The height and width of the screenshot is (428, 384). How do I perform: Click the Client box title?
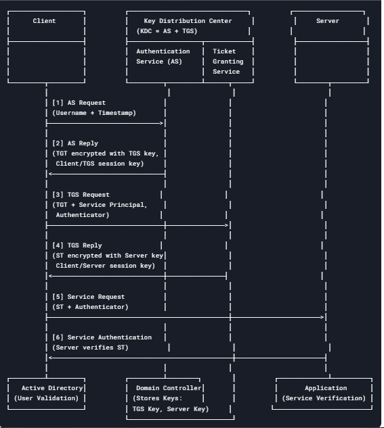coord(44,21)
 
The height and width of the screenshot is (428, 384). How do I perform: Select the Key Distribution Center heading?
coord(188,21)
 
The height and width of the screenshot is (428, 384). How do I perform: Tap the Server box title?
coord(327,21)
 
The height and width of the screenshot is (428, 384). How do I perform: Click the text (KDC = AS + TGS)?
coord(167,31)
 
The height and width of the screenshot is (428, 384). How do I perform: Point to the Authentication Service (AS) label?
coord(163,56)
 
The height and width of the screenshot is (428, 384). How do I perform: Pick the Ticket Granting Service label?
coord(228,62)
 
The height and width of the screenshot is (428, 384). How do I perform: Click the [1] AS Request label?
coord(79,103)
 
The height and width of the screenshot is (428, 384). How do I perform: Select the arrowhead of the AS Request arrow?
coord(162,123)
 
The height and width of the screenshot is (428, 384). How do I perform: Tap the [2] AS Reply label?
coord(75,143)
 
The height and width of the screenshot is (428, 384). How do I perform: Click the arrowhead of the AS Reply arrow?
coord(50,174)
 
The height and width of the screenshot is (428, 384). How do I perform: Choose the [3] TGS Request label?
coord(81,195)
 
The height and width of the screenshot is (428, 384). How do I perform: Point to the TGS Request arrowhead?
coord(226,225)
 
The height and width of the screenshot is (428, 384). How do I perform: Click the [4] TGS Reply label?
coord(77,245)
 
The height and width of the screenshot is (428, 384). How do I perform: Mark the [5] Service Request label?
coord(89,297)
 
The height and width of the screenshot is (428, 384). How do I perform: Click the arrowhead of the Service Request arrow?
coord(322,317)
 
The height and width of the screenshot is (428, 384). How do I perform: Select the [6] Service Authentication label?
coord(102,337)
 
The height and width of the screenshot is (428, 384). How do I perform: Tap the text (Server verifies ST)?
coord(90,348)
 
